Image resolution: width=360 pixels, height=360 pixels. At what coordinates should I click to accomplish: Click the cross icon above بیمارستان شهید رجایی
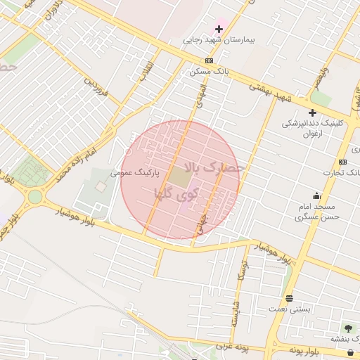219,29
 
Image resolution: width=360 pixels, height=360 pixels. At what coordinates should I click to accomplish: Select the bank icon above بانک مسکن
210,61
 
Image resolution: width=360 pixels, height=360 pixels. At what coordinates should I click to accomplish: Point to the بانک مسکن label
207,71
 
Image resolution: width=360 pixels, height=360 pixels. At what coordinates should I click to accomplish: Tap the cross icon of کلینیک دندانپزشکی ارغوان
312,112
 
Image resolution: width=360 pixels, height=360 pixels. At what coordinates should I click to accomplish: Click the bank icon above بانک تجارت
342,162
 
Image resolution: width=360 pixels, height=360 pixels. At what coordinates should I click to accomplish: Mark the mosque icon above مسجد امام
316,195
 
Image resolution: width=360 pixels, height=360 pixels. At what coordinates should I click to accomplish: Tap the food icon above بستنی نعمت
289,298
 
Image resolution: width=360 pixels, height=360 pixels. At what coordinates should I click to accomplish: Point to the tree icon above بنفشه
347,328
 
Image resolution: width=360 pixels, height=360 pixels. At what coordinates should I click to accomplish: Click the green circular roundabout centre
34,196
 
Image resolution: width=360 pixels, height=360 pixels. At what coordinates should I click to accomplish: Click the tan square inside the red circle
179,179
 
